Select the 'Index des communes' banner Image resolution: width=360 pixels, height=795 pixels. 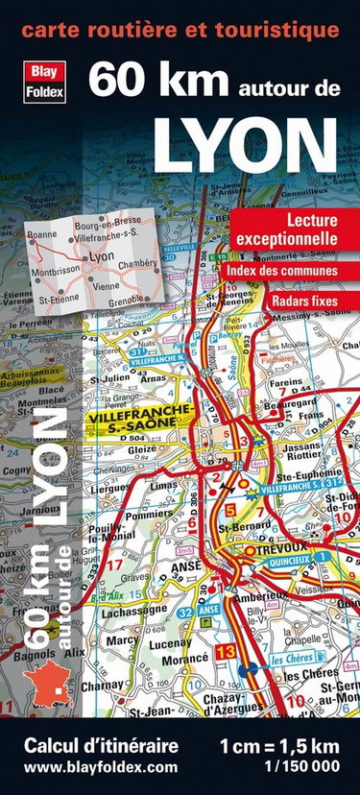[x=282, y=271]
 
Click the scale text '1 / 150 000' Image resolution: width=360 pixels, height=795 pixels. [x=292, y=767]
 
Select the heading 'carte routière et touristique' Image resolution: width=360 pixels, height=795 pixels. [x=180, y=30]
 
